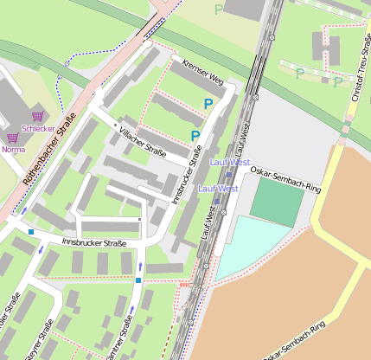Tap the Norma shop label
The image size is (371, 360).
[14, 149]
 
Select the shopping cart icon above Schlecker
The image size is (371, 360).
[37, 116]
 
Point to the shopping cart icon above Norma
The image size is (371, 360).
[12, 138]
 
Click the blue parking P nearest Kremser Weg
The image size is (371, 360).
[208, 104]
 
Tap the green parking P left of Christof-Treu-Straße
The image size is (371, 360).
[299, 74]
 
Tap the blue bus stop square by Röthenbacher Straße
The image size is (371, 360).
[31, 232]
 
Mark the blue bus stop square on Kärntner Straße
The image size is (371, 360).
[138, 280]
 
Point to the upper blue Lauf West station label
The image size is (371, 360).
[229, 162]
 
